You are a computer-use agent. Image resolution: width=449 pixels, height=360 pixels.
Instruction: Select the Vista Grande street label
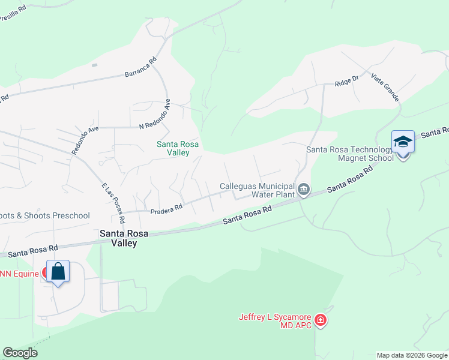(x=385, y=87)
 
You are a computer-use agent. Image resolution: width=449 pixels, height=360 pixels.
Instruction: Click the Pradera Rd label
(x=166, y=209)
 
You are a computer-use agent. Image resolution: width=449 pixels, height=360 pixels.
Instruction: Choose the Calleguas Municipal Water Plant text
(x=257, y=190)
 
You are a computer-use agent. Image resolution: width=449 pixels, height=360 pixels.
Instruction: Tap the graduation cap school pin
(x=403, y=142)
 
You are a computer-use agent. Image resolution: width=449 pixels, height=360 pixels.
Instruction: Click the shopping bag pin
(x=58, y=271)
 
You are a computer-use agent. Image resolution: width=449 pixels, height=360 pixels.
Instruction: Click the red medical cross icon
(x=321, y=321)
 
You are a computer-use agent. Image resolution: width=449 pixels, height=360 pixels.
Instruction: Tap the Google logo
(x=20, y=353)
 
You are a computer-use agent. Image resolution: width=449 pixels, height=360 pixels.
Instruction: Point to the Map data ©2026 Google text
(x=412, y=355)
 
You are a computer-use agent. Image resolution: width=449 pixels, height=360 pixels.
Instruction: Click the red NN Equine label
(x=20, y=274)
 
